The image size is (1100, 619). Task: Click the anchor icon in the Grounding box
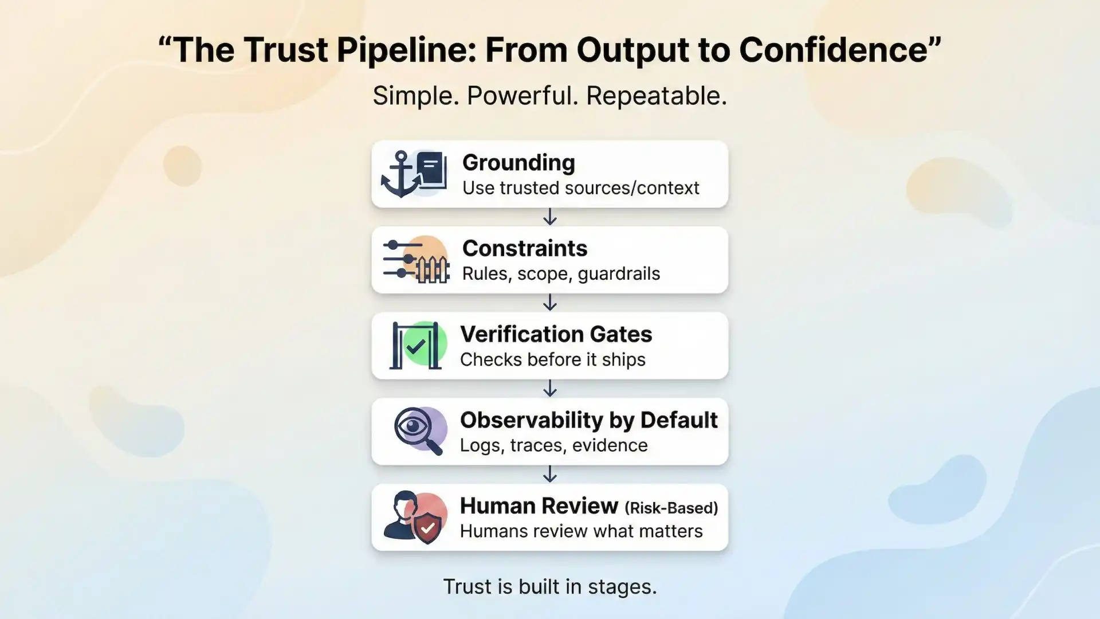(400, 175)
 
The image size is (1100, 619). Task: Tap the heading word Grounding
(518, 163)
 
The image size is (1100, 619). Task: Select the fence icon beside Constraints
(432, 269)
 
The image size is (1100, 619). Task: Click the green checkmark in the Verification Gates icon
(415, 346)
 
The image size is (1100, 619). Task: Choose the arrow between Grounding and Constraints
(550, 217)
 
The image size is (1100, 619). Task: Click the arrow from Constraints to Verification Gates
(550, 303)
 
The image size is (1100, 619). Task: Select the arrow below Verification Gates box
(550, 389)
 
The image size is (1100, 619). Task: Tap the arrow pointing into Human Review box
(550, 474)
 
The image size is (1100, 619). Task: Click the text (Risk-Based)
(671, 508)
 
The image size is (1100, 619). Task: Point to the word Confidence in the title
(833, 50)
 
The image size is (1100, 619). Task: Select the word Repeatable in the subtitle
(656, 96)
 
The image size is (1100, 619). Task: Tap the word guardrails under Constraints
(619, 274)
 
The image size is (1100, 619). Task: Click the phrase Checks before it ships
(552, 360)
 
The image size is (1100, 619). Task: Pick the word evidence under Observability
(610, 445)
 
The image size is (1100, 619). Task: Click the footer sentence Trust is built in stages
(550, 586)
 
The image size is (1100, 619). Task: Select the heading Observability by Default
(588, 420)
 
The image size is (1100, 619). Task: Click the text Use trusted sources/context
(580, 188)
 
